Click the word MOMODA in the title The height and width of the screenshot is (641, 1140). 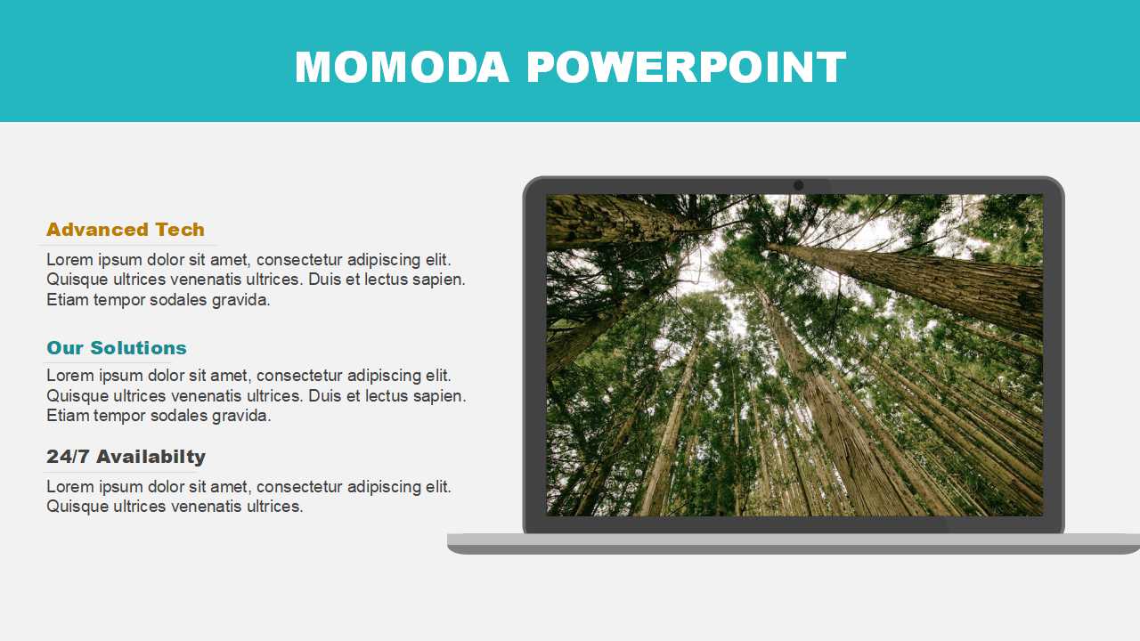point(402,67)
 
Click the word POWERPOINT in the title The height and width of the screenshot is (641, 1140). point(686,67)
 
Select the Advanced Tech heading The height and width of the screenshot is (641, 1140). point(126,230)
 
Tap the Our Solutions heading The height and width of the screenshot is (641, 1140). point(117,348)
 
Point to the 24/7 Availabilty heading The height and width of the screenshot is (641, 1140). point(126,457)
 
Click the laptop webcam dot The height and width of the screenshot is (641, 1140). point(799,185)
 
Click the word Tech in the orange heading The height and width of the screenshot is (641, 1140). point(180,230)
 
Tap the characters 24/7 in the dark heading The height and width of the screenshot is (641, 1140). point(68,457)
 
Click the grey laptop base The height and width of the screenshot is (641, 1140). point(794,544)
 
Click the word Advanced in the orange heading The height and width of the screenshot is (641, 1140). point(97,230)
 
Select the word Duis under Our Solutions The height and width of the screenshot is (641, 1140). point(323,396)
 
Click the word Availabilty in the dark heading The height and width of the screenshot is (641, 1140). point(151,457)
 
